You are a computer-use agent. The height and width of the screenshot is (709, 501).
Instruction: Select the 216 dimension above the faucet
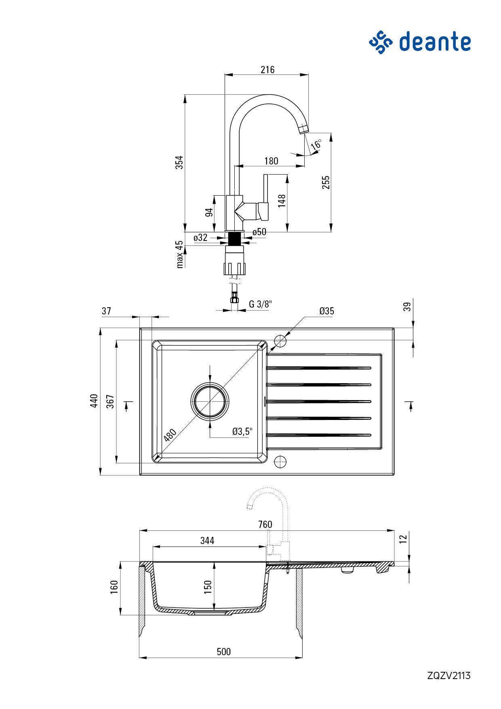267,70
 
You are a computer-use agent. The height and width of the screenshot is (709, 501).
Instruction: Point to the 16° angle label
317,144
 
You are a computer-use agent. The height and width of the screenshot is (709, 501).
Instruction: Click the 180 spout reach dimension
271,161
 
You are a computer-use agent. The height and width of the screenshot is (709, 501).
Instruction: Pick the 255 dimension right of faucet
326,182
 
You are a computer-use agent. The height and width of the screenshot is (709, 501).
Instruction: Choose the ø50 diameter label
259,232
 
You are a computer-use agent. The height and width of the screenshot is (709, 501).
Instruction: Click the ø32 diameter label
200,238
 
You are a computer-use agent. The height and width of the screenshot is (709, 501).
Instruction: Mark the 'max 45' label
180,254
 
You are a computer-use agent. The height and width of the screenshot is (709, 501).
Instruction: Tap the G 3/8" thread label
261,304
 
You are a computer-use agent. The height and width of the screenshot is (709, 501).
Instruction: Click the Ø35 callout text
326,311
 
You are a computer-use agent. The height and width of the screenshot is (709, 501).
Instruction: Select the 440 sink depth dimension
94,401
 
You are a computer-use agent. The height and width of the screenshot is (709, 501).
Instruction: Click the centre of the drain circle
210,401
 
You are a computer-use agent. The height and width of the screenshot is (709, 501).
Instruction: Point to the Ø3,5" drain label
242,431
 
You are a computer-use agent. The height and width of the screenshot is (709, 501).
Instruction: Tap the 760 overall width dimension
265,524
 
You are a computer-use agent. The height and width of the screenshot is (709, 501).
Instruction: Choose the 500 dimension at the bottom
223,652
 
